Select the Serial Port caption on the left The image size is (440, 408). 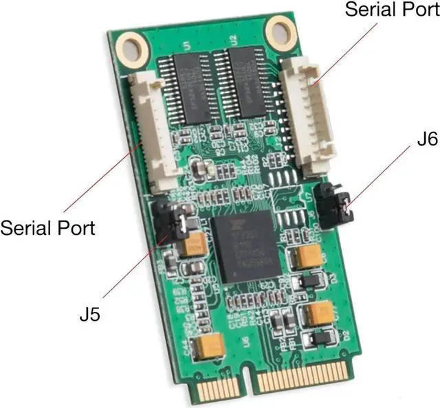pos(47,227)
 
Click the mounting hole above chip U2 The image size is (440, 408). pos(280,31)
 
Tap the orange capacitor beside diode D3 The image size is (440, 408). pos(305,258)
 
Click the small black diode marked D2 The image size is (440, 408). pos(321,338)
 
